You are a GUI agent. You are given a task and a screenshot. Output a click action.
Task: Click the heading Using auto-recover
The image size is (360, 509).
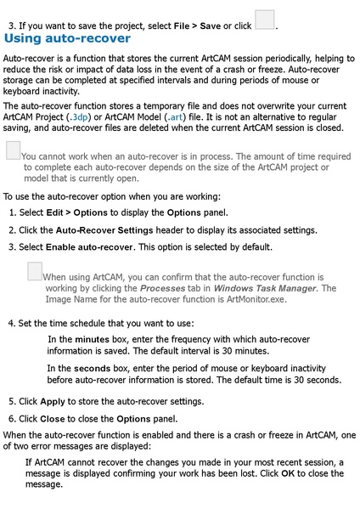(x=68, y=38)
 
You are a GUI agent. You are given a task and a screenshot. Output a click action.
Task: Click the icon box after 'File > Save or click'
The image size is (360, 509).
(x=265, y=19)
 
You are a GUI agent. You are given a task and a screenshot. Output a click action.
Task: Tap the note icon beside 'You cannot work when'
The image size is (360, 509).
(x=13, y=150)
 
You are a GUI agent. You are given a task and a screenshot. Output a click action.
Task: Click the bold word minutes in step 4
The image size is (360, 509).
(x=92, y=339)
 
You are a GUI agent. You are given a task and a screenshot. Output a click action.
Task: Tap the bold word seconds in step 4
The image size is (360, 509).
(x=92, y=368)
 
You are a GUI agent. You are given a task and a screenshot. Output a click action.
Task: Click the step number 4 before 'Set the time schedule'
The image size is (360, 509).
(x=10, y=324)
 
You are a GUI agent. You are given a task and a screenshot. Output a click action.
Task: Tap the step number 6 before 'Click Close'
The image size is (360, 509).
(x=12, y=418)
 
